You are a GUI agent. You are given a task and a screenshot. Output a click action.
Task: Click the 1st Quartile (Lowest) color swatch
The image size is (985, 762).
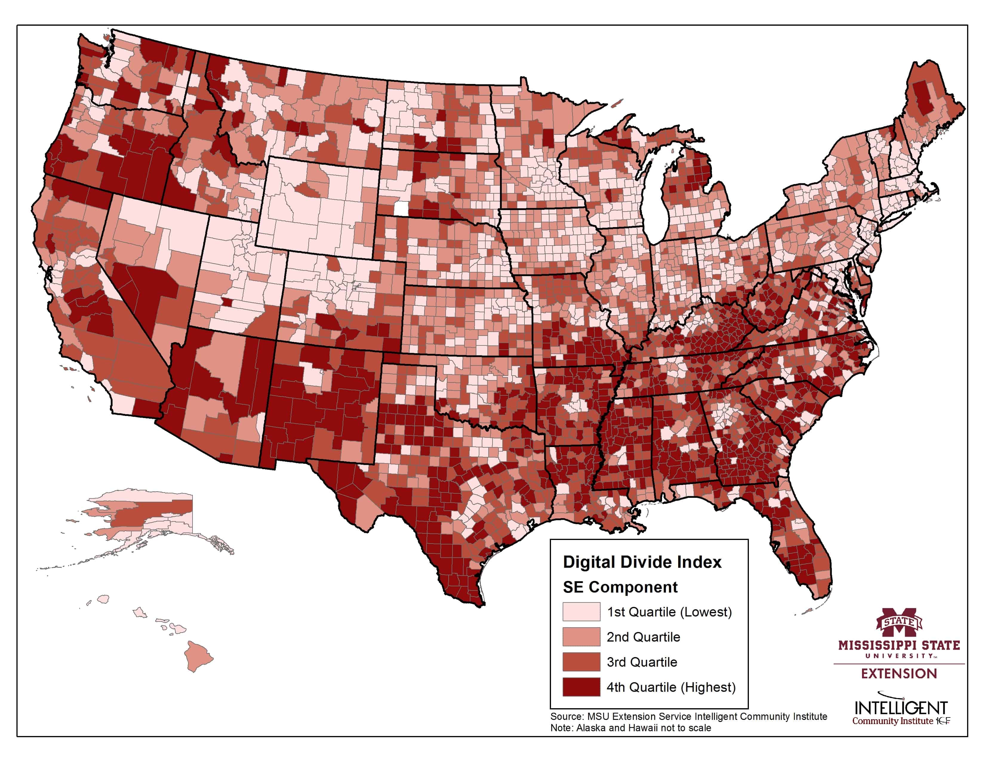point(581,612)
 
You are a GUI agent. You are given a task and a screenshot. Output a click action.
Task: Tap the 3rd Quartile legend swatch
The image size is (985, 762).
point(581,662)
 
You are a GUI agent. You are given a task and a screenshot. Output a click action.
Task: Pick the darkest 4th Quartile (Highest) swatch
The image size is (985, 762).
point(581,687)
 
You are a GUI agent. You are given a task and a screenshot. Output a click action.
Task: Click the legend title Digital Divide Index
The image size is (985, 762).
point(642,562)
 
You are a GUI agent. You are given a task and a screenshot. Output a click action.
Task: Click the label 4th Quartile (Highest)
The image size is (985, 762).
point(671,687)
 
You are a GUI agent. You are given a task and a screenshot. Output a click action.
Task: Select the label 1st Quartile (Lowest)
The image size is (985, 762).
point(669,612)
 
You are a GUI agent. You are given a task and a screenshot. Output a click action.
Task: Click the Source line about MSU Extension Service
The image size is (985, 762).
point(688,716)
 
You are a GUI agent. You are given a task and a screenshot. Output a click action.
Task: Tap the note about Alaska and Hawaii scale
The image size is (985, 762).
point(630,728)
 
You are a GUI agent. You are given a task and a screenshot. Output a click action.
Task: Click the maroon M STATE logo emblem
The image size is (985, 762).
point(898,622)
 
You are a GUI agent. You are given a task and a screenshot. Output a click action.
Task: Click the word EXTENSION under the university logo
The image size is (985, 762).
point(898,674)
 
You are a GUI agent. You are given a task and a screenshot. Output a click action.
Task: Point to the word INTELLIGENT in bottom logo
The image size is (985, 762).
point(900,707)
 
